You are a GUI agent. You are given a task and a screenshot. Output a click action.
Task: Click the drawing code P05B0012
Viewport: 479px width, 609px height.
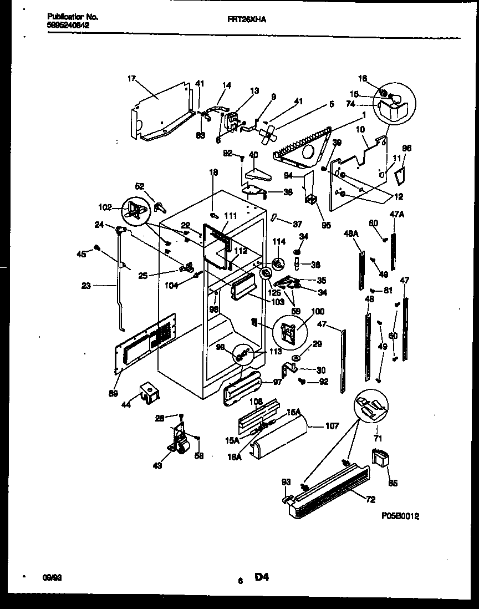(x=400, y=516)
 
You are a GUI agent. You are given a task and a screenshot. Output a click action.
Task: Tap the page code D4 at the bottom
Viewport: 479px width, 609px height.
(x=262, y=577)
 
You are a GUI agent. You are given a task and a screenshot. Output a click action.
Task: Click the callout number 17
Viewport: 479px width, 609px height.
(x=131, y=79)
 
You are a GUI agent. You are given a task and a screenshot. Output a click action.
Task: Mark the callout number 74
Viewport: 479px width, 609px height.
(x=365, y=104)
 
